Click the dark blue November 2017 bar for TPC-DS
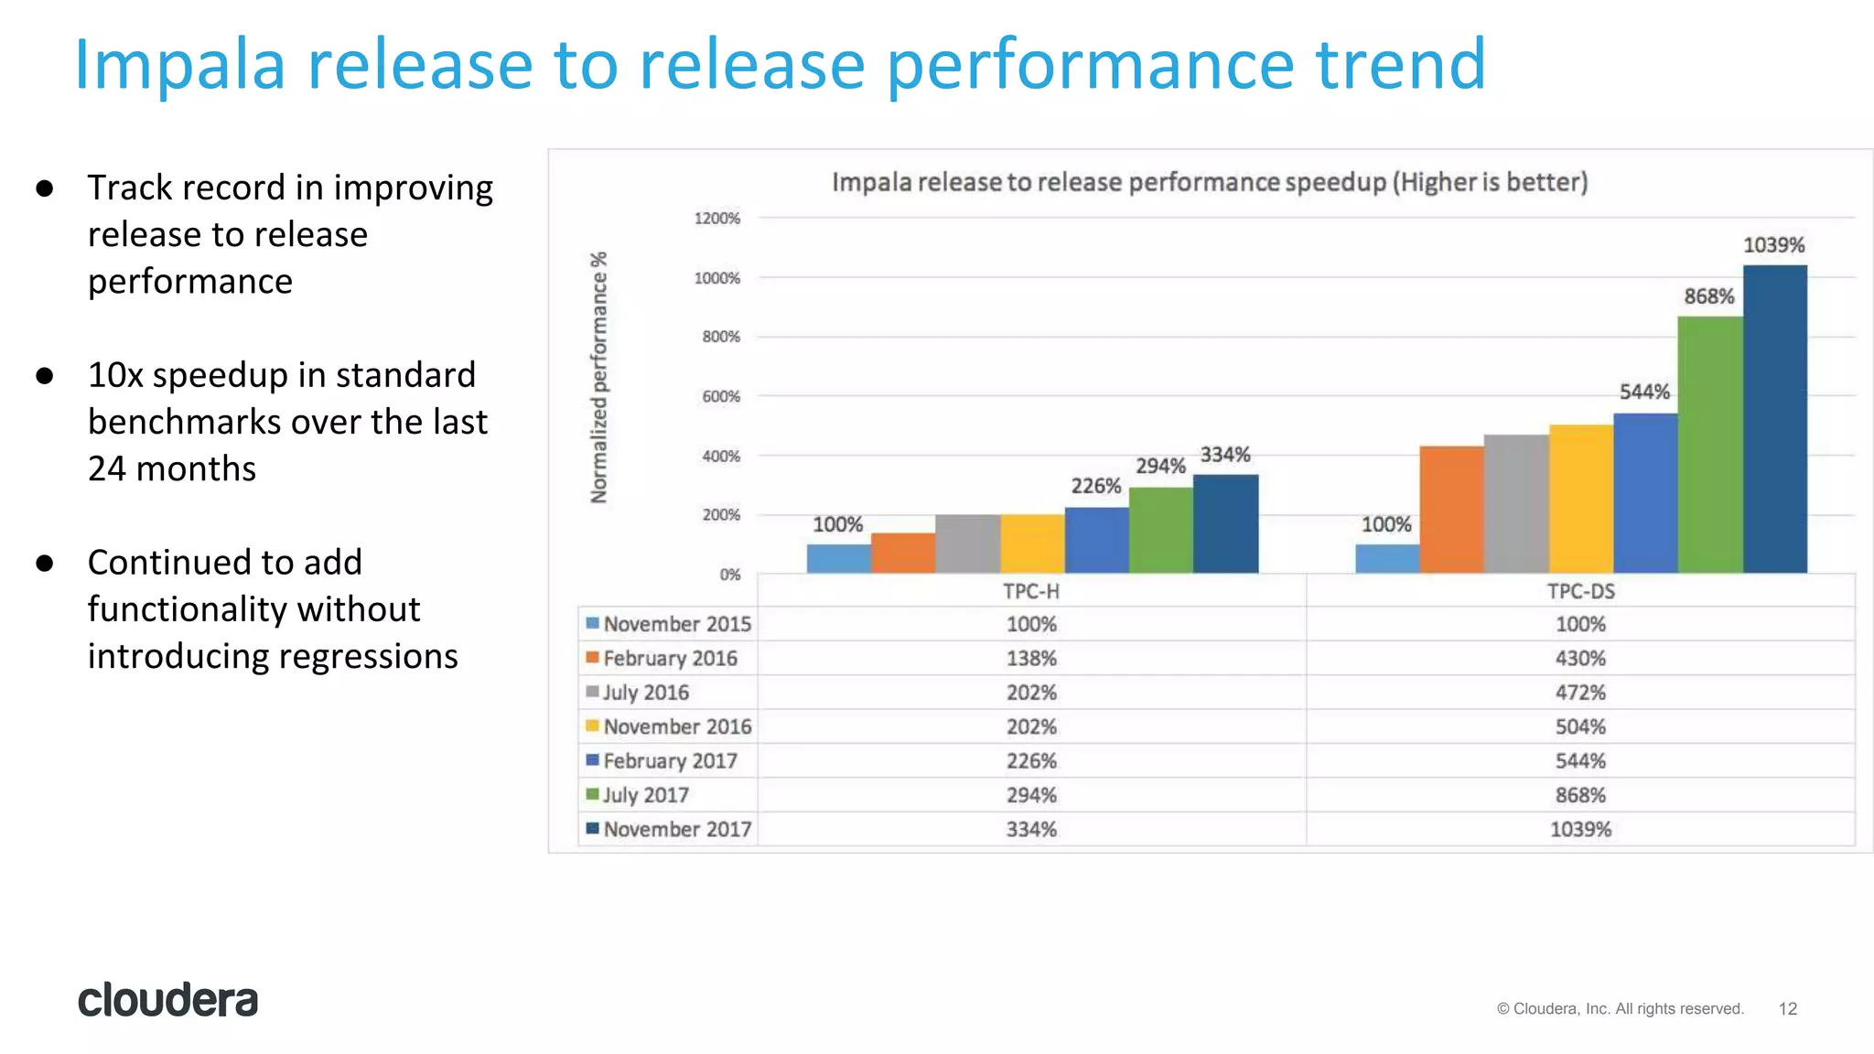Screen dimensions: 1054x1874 pyautogui.click(x=1774, y=421)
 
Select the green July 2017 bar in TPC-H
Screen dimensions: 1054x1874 pyautogui.click(x=1160, y=531)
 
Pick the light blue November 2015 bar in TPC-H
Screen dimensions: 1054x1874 pyautogui.click(x=838, y=559)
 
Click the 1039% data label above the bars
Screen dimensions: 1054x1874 pyautogui.click(x=1773, y=245)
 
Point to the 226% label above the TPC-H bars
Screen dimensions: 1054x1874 pyautogui.click(x=1095, y=486)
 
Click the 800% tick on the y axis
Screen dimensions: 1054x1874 pyautogui.click(x=721, y=337)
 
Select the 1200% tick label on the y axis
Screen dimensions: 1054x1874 pyautogui.click(x=716, y=218)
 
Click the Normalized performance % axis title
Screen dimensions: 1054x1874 pyautogui.click(x=598, y=377)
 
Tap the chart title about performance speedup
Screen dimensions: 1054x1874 pyautogui.click(x=1209, y=182)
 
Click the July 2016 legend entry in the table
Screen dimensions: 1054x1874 pyautogui.click(x=645, y=693)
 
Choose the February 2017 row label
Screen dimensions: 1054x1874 pyautogui.click(x=669, y=761)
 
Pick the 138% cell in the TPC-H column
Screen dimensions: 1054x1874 pyautogui.click(x=1031, y=659)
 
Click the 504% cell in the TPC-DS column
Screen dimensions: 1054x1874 pyautogui.click(x=1580, y=726)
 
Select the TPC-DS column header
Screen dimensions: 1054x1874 pyautogui.click(x=1580, y=591)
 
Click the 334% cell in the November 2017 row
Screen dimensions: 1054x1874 pyautogui.click(x=1031, y=830)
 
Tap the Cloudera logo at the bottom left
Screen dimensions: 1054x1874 pyautogui.click(x=168, y=1000)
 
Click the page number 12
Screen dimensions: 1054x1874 pyautogui.click(x=1787, y=1008)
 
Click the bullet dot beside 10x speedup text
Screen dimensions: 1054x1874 pyautogui.click(x=45, y=376)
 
